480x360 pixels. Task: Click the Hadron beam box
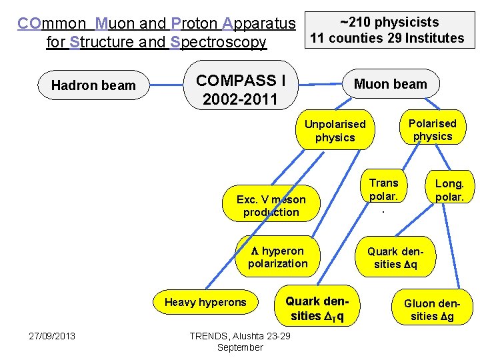(x=93, y=85)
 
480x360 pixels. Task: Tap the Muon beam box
(x=390, y=84)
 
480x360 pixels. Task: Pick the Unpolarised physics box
(x=335, y=131)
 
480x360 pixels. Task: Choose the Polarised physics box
(x=432, y=129)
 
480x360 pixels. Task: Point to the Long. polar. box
(x=449, y=190)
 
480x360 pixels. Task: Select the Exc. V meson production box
(x=271, y=205)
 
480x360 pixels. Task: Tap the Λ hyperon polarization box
(x=277, y=257)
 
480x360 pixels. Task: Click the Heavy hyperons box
(x=205, y=302)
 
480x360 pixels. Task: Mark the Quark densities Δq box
(x=400, y=257)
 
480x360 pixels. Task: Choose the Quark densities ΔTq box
(x=317, y=308)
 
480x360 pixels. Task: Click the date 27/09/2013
(x=52, y=335)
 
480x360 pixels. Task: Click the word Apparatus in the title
(x=259, y=24)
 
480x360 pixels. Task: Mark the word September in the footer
(x=240, y=347)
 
